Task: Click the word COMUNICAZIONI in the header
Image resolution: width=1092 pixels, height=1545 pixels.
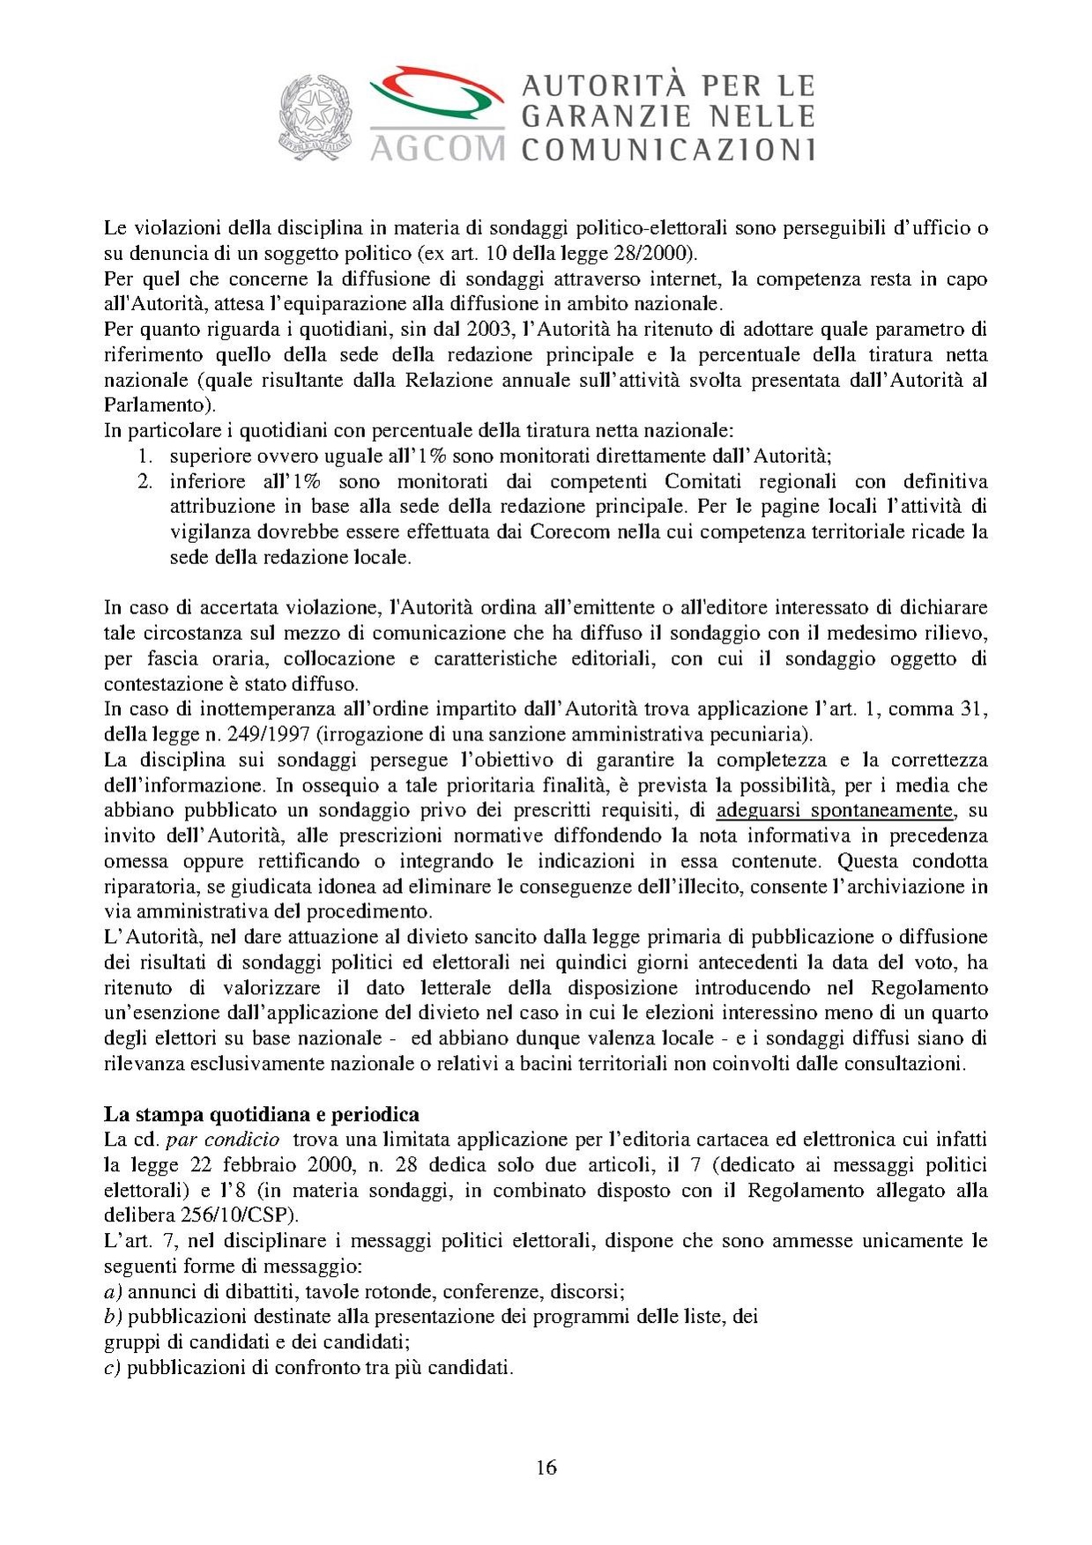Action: (668, 148)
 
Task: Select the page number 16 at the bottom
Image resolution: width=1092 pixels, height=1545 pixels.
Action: (546, 1467)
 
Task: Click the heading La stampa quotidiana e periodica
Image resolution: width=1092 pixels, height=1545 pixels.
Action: (261, 1114)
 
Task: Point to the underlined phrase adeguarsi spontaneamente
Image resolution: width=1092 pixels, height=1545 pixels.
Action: (835, 810)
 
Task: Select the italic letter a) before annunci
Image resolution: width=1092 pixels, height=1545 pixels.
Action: (112, 1292)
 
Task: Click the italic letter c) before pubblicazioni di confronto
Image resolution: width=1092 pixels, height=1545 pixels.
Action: (112, 1368)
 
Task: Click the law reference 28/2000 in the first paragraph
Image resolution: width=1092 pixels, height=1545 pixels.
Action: (658, 254)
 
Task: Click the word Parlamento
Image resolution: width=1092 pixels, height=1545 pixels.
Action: (157, 406)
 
